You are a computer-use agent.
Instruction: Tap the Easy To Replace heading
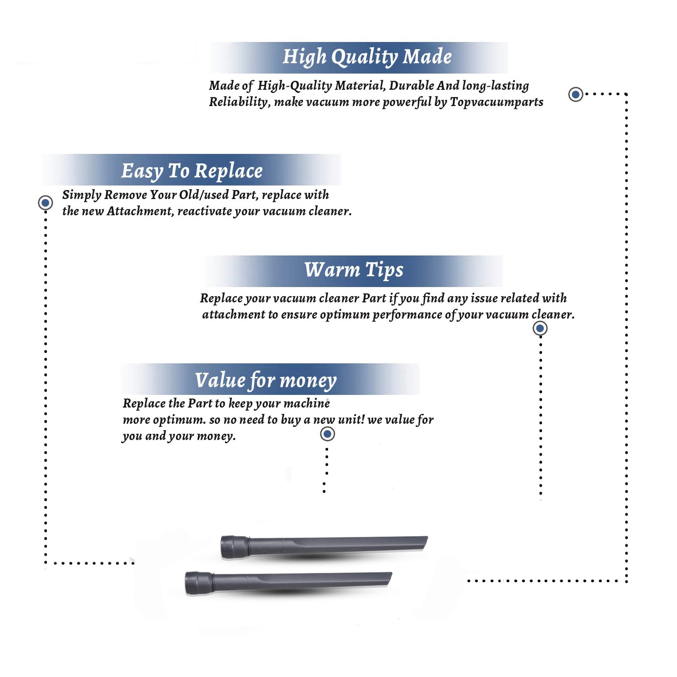point(192,171)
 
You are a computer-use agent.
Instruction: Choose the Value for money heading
point(266,380)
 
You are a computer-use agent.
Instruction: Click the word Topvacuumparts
point(496,102)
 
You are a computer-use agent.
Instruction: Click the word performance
point(407,315)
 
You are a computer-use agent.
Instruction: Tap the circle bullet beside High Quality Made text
point(575,94)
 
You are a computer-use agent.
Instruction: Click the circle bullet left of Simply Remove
point(45,203)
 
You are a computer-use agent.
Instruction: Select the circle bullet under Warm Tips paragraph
point(540,329)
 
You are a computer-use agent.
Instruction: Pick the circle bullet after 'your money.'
point(327,434)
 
